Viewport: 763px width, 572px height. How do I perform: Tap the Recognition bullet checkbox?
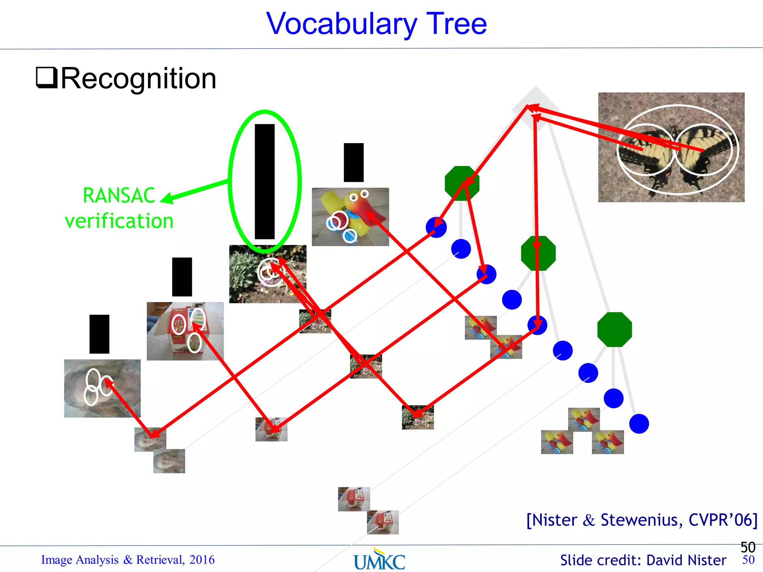pyautogui.click(x=47, y=77)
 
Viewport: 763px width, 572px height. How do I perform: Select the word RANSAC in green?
pyautogui.click(x=119, y=196)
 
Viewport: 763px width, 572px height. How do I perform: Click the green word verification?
pyautogui.click(x=119, y=221)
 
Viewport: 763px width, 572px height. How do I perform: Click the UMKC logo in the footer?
pyautogui.click(x=379, y=561)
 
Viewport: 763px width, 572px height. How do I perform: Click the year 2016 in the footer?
pyautogui.click(x=202, y=560)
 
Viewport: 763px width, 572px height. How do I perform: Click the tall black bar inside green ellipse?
pyautogui.click(x=265, y=181)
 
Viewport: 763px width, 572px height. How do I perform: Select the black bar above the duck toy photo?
pyautogui.click(x=354, y=162)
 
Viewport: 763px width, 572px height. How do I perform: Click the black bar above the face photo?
pyautogui.click(x=99, y=334)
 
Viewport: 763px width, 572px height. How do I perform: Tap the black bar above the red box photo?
pyautogui.click(x=182, y=277)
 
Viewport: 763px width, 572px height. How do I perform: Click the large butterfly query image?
pyautogui.click(x=671, y=147)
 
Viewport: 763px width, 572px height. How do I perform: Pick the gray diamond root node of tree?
pyautogui.click(x=536, y=108)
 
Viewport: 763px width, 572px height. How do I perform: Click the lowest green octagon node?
pyautogui.click(x=614, y=330)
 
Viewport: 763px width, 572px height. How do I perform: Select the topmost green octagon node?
pyautogui.click(x=462, y=183)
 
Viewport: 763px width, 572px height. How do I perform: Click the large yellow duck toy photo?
pyautogui.click(x=350, y=217)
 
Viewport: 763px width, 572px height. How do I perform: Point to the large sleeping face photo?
pyautogui.click(x=102, y=388)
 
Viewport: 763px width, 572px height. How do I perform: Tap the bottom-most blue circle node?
pyautogui.click(x=639, y=424)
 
